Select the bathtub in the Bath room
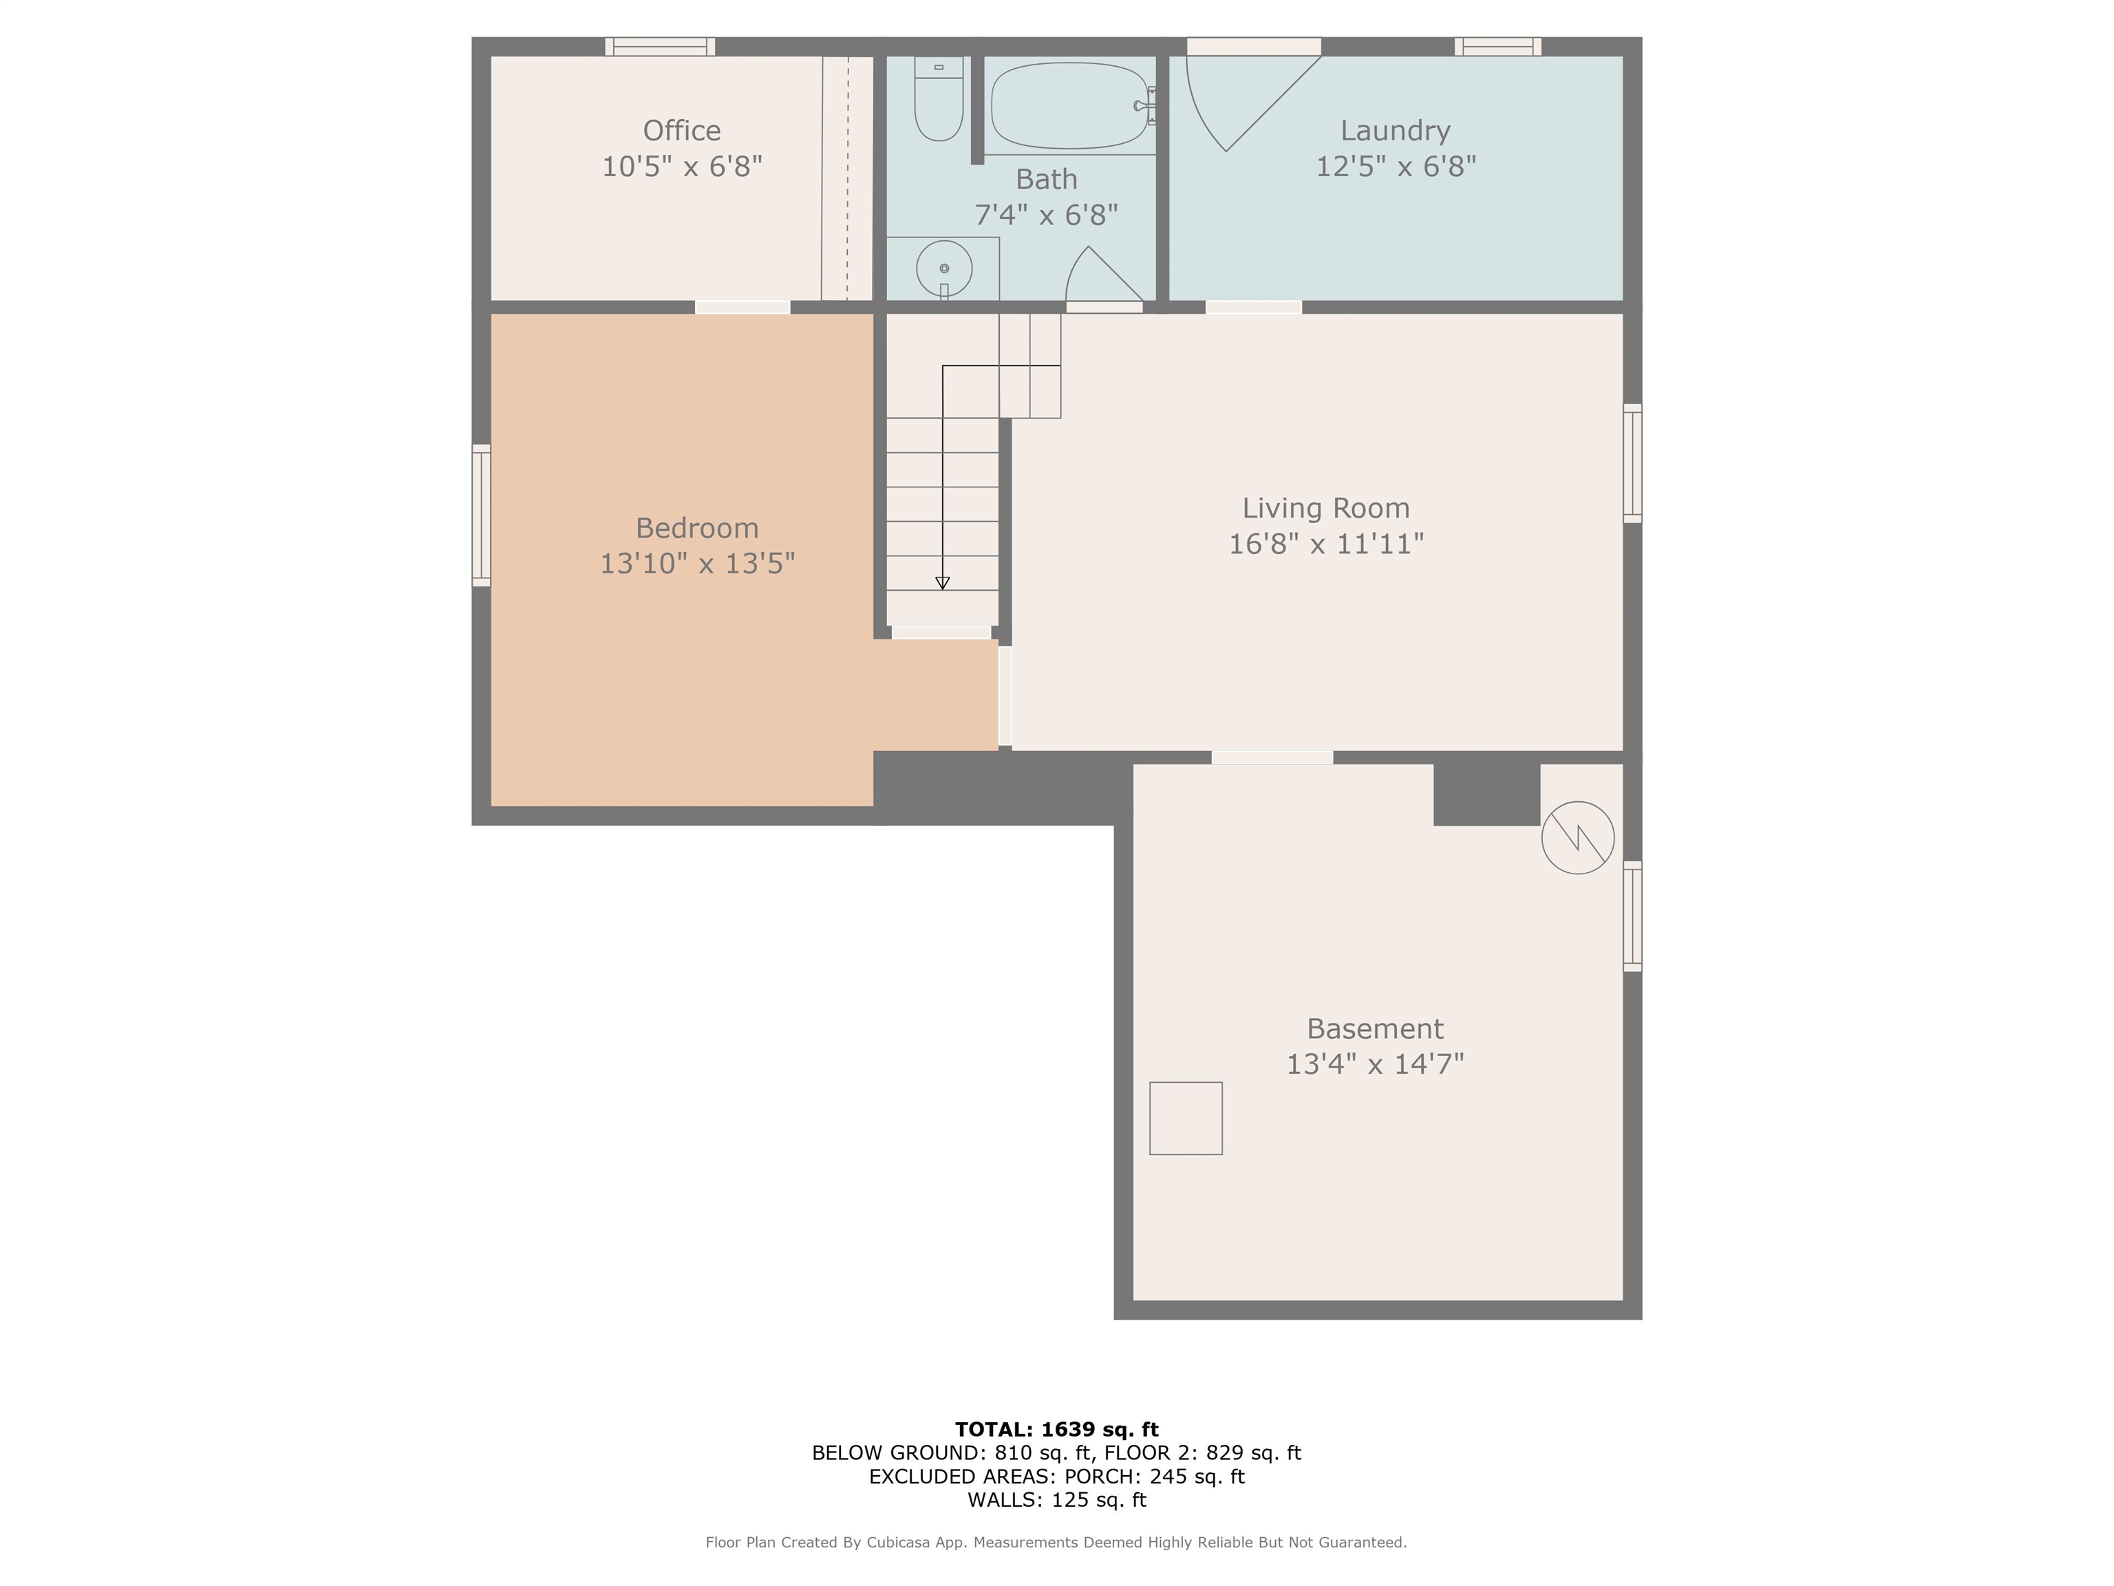[1069, 105]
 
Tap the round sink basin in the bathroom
[943, 268]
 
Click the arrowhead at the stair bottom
[942, 582]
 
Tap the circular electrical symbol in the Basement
[1577, 838]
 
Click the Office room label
[681, 131]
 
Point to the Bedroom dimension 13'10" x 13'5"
[696, 564]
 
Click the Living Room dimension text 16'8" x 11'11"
[1325, 544]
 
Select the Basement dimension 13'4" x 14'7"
[1374, 1064]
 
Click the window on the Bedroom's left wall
[482, 516]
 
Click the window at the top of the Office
[659, 47]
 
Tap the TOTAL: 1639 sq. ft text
[1056, 1429]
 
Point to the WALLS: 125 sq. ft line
[1056, 1500]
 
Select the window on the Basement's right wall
[1632, 916]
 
